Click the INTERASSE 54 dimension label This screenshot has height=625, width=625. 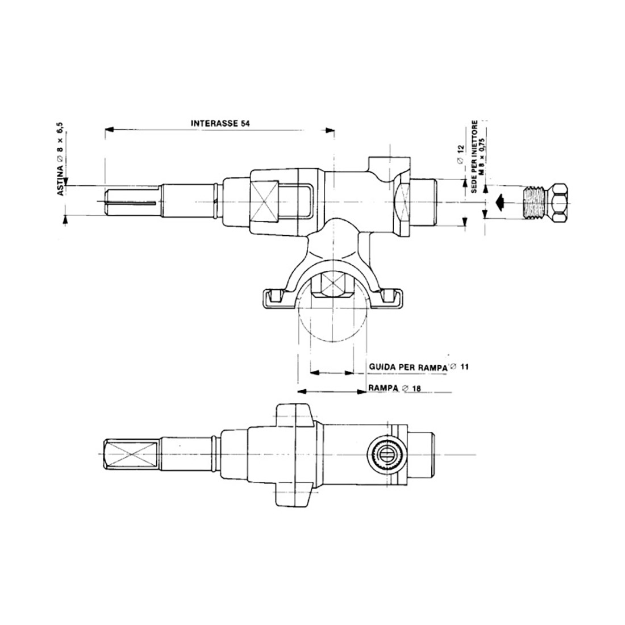click(x=220, y=122)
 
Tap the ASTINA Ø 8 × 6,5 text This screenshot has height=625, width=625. click(x=61, y=159)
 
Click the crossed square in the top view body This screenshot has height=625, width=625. click(x=265, y=202)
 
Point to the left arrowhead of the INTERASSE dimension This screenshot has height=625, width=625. click(x=108, y=130)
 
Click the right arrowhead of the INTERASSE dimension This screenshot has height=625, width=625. click(x=331, y=130)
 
